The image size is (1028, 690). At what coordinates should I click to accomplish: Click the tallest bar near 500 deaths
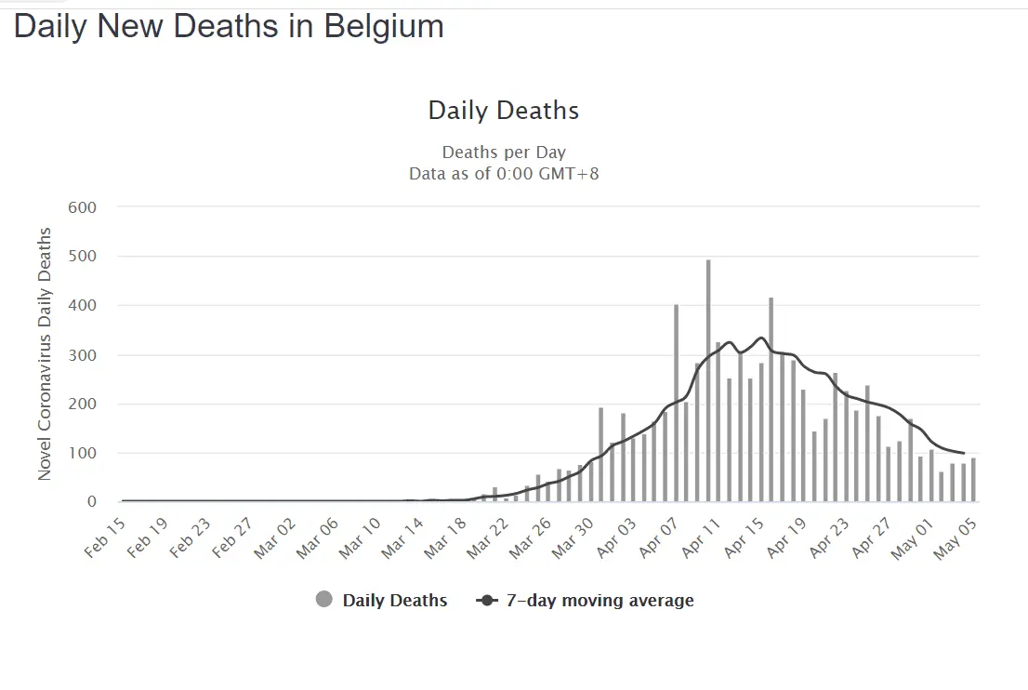708,381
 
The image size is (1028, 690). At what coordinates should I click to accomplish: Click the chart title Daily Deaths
503,111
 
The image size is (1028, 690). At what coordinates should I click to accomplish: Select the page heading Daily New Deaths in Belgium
229,26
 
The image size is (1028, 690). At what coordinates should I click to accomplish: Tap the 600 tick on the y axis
83,206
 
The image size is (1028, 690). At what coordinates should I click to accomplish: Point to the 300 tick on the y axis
83,355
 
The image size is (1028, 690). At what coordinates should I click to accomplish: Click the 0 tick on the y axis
91,502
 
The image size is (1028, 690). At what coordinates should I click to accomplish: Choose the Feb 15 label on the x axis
105,537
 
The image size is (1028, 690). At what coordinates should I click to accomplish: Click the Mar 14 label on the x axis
403,537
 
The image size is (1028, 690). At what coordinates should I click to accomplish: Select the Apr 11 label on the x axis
701,537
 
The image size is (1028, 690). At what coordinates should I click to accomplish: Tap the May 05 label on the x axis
956,537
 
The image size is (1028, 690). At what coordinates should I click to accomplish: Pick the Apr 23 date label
828,537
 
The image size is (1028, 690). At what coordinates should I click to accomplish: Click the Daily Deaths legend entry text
395,601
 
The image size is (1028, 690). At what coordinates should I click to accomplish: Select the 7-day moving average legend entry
600,601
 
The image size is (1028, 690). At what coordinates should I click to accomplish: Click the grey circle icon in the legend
324,601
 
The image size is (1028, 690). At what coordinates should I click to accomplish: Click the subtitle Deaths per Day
504,153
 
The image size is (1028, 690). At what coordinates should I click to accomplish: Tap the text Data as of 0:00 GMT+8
504,173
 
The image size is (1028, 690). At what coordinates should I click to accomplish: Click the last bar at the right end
973,480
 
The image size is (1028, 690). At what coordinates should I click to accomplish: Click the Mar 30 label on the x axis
573,537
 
